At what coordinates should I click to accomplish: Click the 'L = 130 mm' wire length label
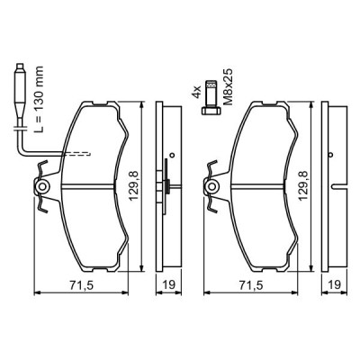coord(39,99)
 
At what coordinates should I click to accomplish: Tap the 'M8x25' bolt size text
coord(229,87)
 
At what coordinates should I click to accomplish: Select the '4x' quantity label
coord(196,92)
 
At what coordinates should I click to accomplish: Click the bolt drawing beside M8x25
coord(211,97)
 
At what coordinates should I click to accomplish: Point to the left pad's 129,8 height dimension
coord(133,187)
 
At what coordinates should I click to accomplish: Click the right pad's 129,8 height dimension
coord(303,187)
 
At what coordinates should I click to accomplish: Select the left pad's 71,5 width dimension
coord(81,285)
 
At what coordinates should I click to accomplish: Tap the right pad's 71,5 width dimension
coord(251,285)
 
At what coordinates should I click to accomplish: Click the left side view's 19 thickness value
coord(169,284)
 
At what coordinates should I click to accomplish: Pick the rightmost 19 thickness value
coord(335,284)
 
